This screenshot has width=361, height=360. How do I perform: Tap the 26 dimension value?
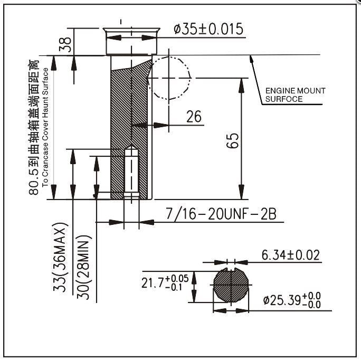(194, 117)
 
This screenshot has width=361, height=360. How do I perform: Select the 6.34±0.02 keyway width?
(290, 255)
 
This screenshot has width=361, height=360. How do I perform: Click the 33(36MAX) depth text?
(64, 261)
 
